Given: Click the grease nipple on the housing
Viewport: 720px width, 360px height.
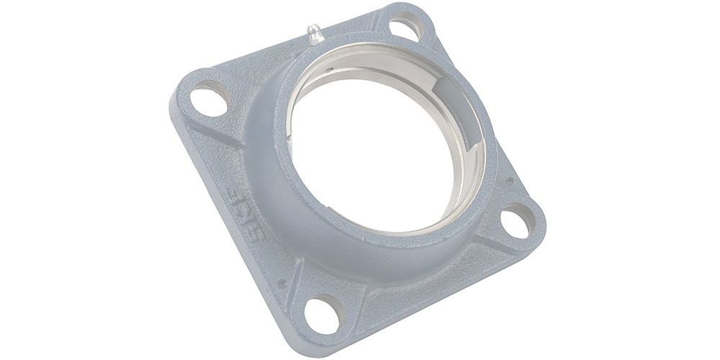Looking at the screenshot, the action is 314,34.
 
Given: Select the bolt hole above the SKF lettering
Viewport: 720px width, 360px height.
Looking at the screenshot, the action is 209,97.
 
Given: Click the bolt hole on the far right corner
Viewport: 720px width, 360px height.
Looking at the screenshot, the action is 517,222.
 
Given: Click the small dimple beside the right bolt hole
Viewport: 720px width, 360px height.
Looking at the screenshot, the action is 509,181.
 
